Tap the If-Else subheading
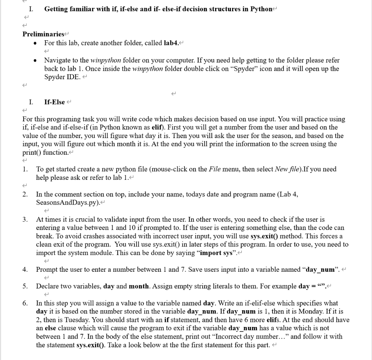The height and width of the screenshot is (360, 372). (x=54, y=102)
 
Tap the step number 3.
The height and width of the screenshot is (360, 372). (x=25, y=219)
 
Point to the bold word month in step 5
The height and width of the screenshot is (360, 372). (x=138, y=286)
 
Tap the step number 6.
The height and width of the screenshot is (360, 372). (x=25, y=303)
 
